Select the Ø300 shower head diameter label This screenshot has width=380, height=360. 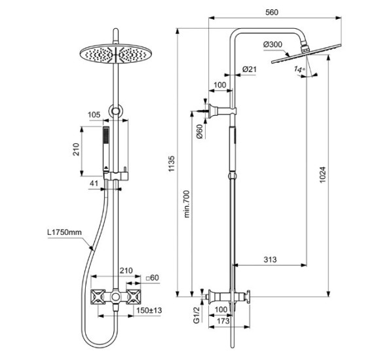point(274,44)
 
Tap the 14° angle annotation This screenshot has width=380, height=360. point(299,69)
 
